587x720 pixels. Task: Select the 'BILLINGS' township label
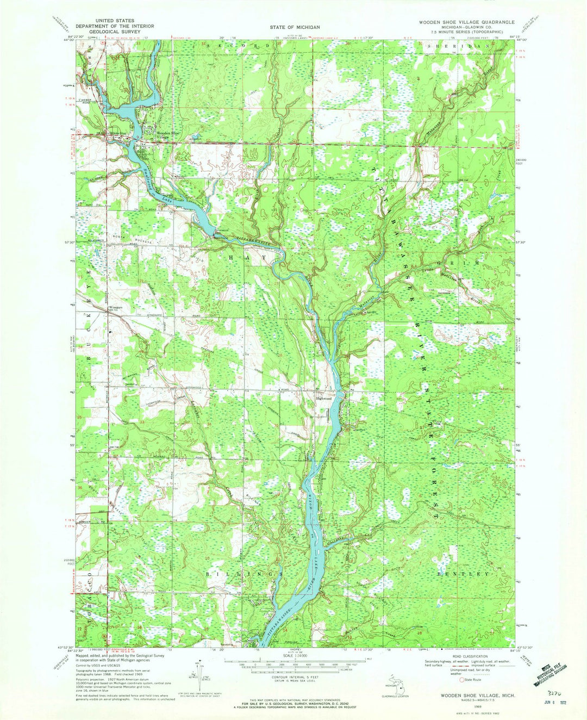(x=245, y=574)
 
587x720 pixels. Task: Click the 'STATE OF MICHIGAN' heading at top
(x=295, y=27)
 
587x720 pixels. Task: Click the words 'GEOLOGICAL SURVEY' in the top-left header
(x=114, y=32)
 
